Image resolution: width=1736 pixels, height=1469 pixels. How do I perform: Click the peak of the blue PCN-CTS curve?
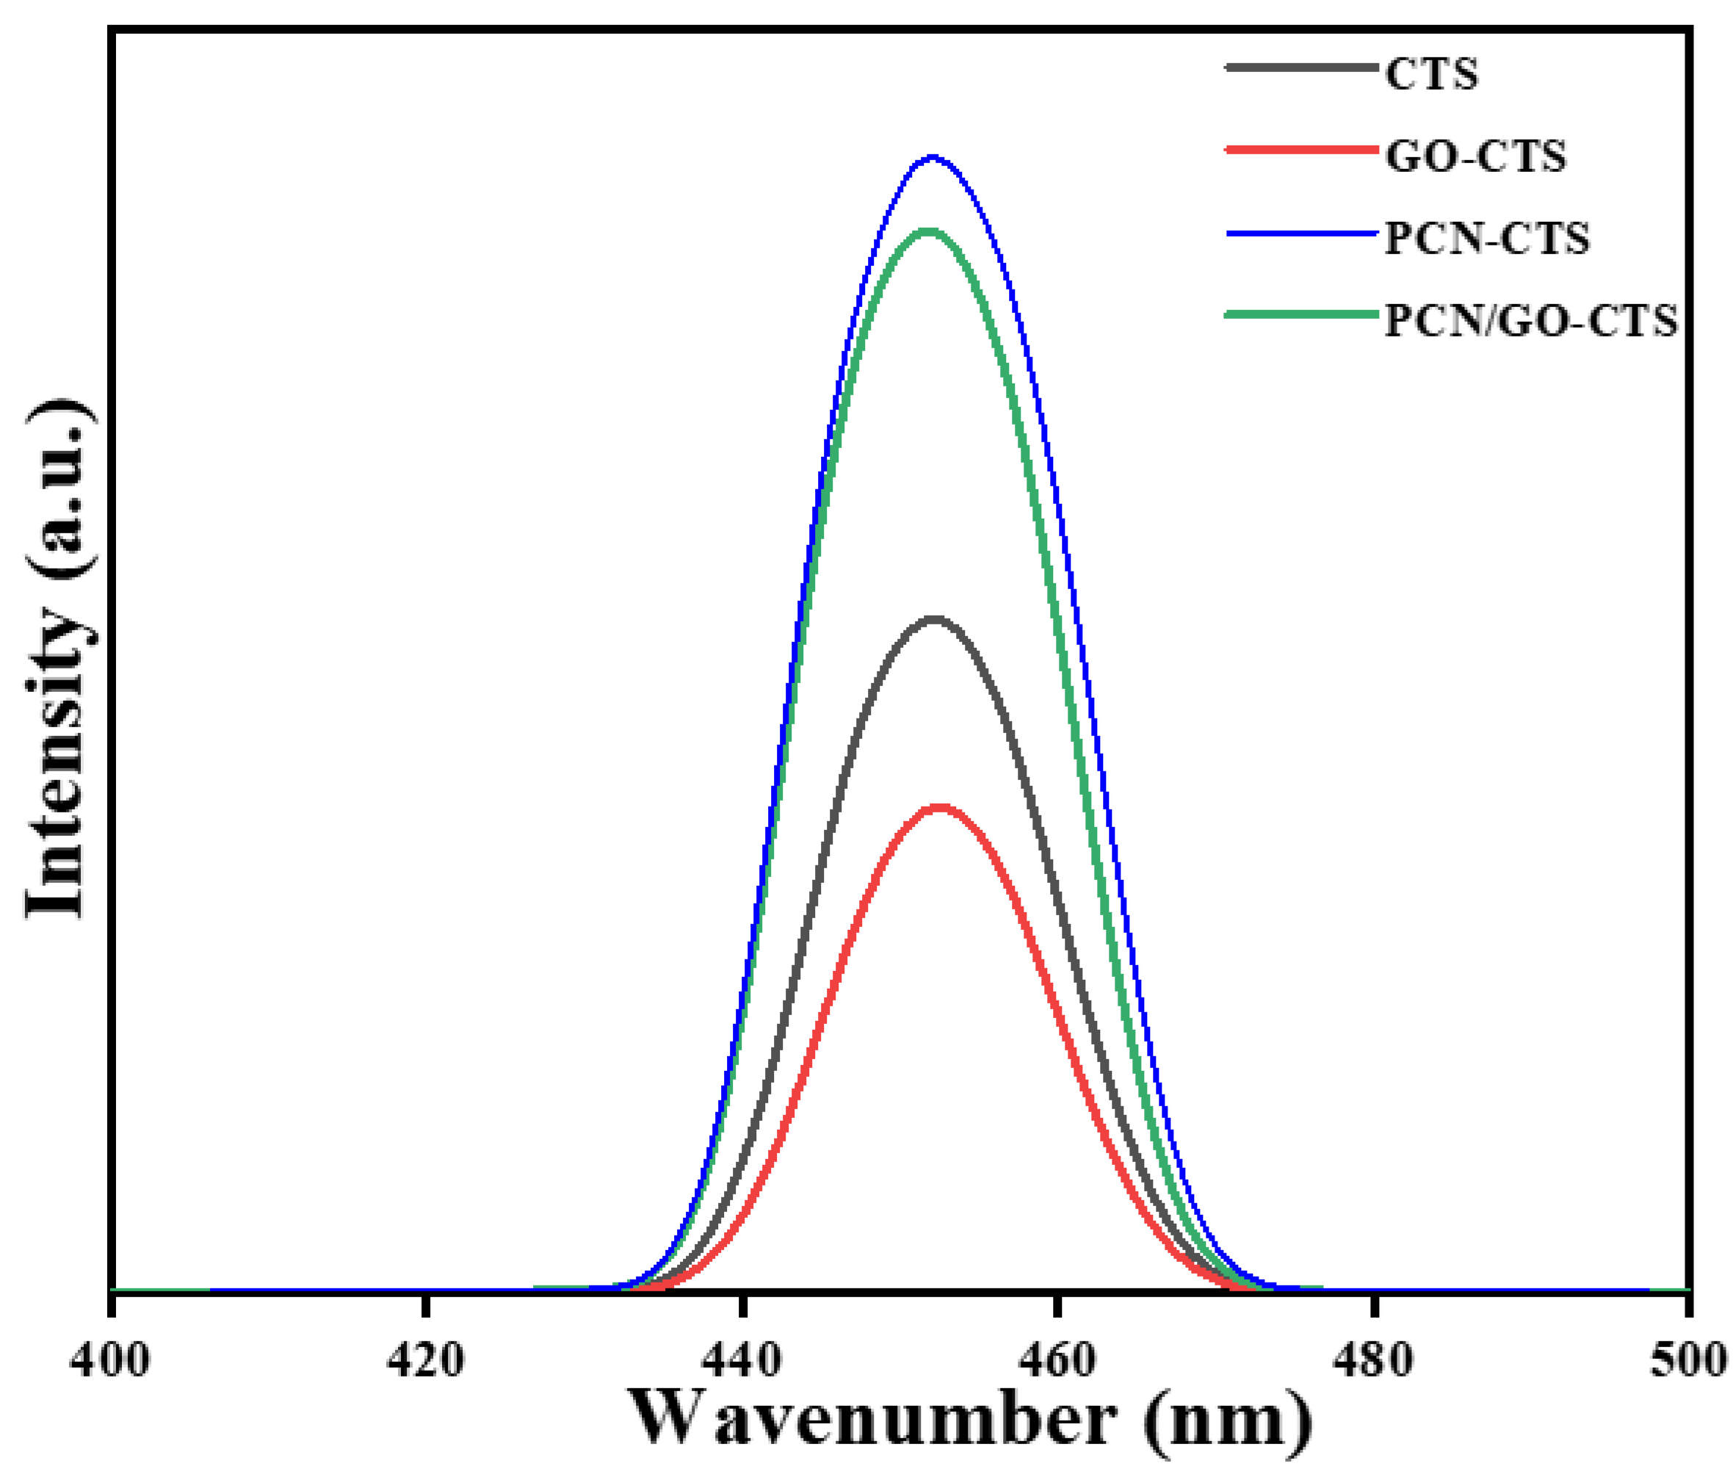point(933,156)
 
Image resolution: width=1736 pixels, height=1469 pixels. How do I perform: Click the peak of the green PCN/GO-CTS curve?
point(929,231)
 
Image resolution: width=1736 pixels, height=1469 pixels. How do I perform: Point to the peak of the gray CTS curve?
point(934,618)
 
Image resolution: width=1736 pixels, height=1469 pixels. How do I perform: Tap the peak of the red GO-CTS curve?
point(939,807)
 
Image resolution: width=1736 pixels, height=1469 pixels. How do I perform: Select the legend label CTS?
point(1431,74)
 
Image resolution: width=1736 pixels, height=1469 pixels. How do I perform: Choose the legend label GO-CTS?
point(1475,156)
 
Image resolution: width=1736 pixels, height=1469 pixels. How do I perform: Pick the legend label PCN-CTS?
point(1487,238)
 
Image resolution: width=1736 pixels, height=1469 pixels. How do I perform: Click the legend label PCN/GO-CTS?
point(1530,322)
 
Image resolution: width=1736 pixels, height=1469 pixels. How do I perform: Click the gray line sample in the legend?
point(1300,68)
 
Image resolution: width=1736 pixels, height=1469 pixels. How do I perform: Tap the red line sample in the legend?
point(1300,150)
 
